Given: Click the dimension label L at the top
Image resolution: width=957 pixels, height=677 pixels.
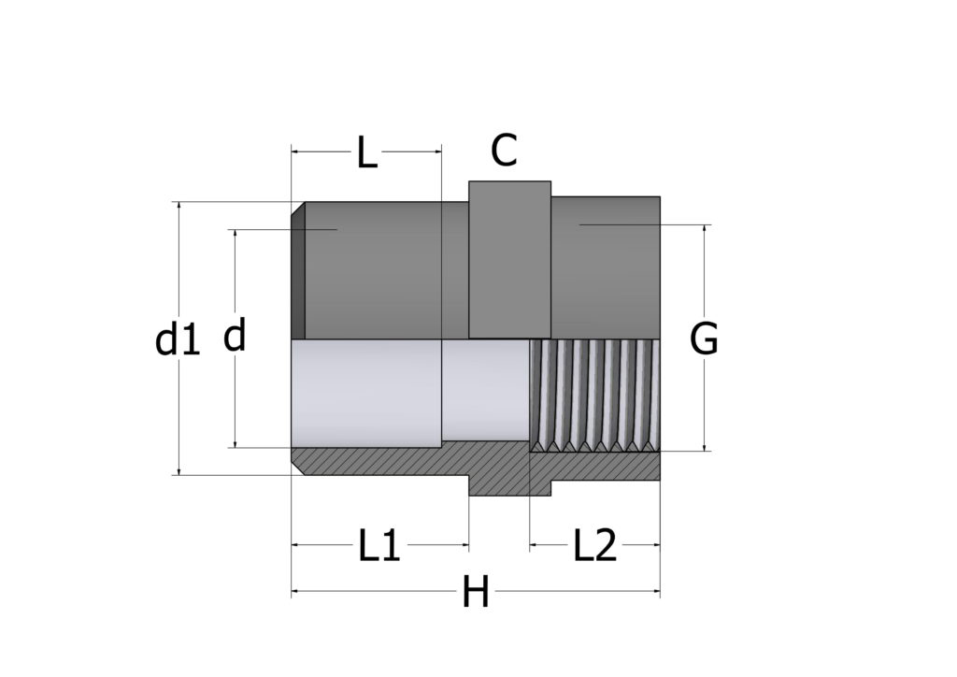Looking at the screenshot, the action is [x=366, y=152].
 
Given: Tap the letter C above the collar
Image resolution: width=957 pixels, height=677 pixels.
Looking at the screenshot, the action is [x=504, y=151].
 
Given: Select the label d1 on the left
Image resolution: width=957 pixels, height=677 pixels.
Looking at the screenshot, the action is [x=178, y=340].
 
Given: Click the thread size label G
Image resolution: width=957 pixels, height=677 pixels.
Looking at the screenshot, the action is [x=704, y=338].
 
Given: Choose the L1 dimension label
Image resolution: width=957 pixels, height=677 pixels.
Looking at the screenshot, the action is [x=379, y=545].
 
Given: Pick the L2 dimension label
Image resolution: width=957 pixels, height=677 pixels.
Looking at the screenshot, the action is [x=595, y=545].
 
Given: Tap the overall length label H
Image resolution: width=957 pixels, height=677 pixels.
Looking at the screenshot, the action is [x=476, y=592].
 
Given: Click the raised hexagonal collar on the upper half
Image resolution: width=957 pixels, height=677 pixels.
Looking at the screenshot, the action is [x=509, y=259].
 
